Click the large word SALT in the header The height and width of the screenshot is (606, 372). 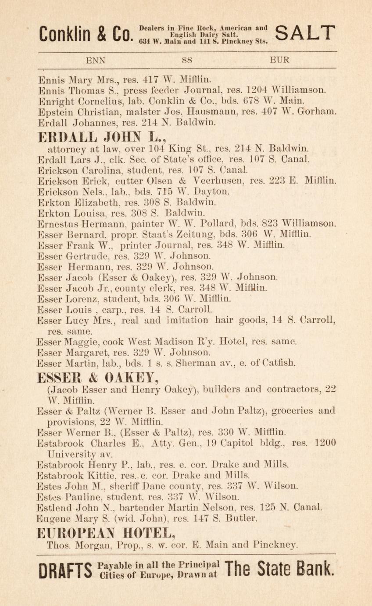(306, 33)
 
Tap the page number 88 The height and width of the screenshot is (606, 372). (186, 60)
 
